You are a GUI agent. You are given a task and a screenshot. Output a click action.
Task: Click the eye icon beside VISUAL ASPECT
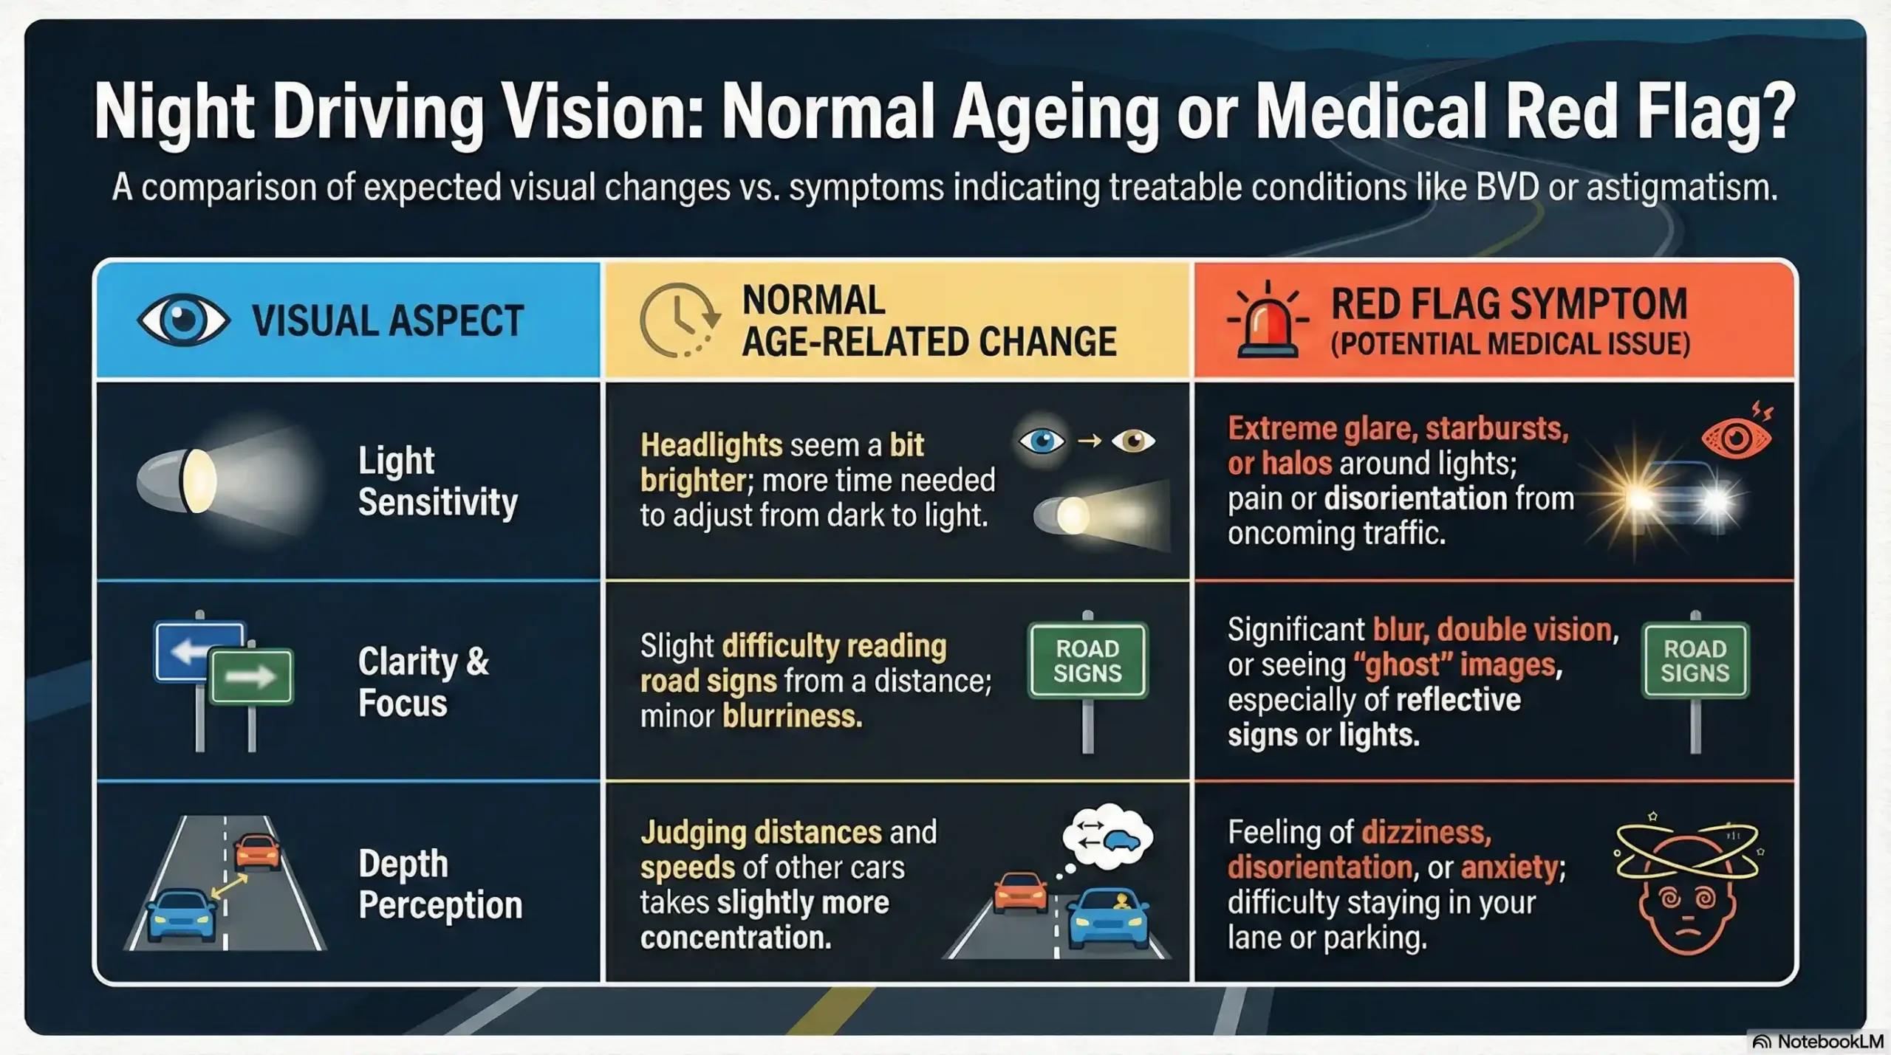pyautogui.click(x=184, y=320)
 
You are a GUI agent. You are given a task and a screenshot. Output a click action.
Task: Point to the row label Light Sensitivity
pyautogui.click(x=438, y=481)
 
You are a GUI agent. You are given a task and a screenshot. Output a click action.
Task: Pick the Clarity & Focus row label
pyautogui.click(x=424, y=682)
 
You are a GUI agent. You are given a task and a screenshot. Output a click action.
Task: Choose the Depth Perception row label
pyautogui.click(x=440, y=884)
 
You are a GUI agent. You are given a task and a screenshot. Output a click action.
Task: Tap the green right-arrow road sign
pyautogui.click(x=251, y=676)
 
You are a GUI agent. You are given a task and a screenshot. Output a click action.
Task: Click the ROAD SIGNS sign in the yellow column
pyautogui.click(x=1088, y=660)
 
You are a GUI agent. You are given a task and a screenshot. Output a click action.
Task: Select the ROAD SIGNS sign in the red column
pyautogui.click(x=1695, y=660)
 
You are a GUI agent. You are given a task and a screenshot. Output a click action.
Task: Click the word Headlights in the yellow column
pyautogui.click(x=711, y=445)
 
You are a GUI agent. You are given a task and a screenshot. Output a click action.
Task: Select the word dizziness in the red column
pyautogui.click(x=1426, y=833)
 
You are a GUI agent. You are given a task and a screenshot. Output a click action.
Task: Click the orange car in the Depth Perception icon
pyautogui.click(x=257, y=851)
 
